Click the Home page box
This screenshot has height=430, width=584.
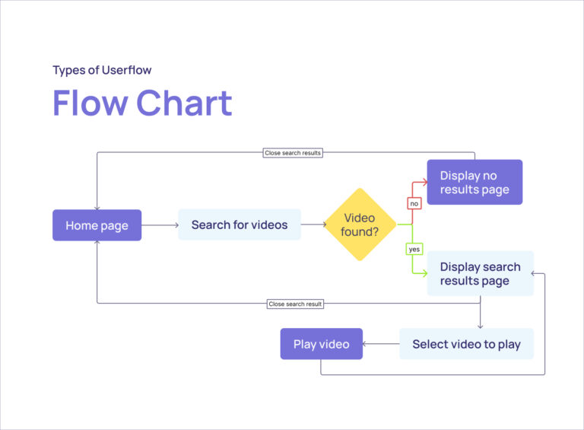pos(97,225)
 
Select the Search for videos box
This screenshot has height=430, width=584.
pos(240,225)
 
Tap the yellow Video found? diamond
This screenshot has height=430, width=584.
pos(360,225)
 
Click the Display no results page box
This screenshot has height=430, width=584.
pos(474,183)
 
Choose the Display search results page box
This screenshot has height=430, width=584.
pos(480,273)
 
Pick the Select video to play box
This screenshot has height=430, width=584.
pos(466,344)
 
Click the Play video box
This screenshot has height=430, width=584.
pos(321,344)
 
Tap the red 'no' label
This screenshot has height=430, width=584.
pos(414,203)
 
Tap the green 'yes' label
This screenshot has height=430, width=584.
pos(414,249)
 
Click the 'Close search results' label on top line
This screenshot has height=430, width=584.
pos(293,153)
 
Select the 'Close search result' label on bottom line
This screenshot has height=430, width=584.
pos(296,304)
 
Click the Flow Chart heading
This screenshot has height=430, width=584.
pos(142,103)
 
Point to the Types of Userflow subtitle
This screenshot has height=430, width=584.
pos(102,70)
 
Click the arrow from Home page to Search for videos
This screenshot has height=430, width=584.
pos(160,225)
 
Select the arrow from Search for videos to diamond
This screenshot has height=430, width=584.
pos(313,225)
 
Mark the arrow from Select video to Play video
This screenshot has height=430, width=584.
pos(381,344)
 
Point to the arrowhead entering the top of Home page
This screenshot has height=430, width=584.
pos(97,207)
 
